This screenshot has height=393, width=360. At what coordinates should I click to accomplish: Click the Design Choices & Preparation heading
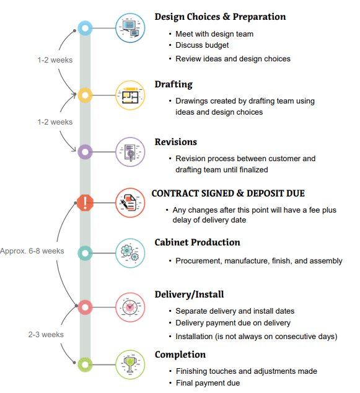pos(220,17)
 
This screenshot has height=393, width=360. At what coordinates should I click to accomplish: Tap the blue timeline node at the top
pos(85,28)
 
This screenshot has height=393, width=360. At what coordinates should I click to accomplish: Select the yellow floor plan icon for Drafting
pos(130,95)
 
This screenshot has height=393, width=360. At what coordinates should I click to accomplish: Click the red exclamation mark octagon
pos(85,203)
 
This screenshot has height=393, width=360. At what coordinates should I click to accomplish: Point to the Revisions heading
pos(176,142)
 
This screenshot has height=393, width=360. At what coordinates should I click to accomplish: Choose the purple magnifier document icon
pos(130,152)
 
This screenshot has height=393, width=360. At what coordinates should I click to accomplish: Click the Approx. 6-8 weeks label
pos(32,251)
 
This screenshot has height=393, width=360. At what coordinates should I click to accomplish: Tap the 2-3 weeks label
pos(46,335)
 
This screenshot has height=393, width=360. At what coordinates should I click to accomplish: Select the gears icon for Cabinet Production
pos(130,253)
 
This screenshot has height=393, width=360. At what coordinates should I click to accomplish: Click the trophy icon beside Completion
pos(130,364)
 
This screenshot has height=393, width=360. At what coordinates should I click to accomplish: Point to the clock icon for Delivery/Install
pos(130,307)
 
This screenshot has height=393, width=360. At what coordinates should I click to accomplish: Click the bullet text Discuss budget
pos(202,45)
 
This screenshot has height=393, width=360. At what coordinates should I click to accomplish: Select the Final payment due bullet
pos(208,383)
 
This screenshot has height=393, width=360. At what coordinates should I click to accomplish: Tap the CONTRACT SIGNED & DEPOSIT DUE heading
pos(228,193)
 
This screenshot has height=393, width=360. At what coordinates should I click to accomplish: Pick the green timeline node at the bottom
pos(85,364)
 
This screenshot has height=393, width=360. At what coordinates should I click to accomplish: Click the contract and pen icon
pos(130,203)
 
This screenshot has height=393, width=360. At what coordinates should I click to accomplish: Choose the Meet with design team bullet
pos(214,34)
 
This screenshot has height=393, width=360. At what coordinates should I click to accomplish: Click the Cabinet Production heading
pos(198,242)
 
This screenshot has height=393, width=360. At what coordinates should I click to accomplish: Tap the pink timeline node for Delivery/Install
pos(85,307)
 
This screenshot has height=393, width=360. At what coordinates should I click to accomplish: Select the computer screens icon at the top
pos(130,28)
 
